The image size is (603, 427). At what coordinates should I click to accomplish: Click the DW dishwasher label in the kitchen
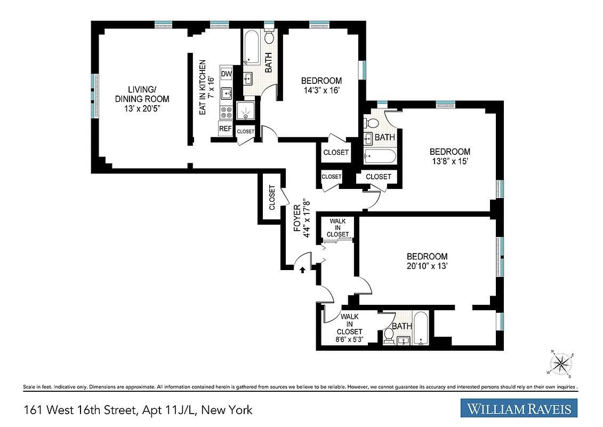pyautogui.click(x=226, y=74)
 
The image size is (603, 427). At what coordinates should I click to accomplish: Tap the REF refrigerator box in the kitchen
pyautogui.click(x=226, y=129)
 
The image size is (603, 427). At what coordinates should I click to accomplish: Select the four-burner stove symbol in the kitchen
pyautogui.click(x=226, y=112)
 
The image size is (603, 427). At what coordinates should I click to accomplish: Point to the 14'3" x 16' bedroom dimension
pyautogui.click(x=321, y=91)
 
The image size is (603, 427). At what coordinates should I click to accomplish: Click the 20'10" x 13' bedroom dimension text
pyautogui.click(x=427, y=266)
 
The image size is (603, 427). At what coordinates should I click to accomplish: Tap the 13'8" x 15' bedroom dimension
pyautogui.click(x=450, y=161)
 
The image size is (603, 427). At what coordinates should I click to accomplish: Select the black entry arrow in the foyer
pyautogui.click(x=302, y=270)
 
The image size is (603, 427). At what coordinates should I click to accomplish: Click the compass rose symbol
pyautogui.click(x=561, y=364)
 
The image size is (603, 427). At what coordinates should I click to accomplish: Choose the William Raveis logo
pyautogui.click(x=519, y=409)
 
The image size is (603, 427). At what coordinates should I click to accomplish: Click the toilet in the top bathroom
pyautogui.click(x=270, y=37)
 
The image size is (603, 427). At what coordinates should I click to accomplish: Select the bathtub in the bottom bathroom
pyautogui.click(x=422, y=328)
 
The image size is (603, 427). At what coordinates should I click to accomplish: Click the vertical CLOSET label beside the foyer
pyautogui.click(x=272, y=197)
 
